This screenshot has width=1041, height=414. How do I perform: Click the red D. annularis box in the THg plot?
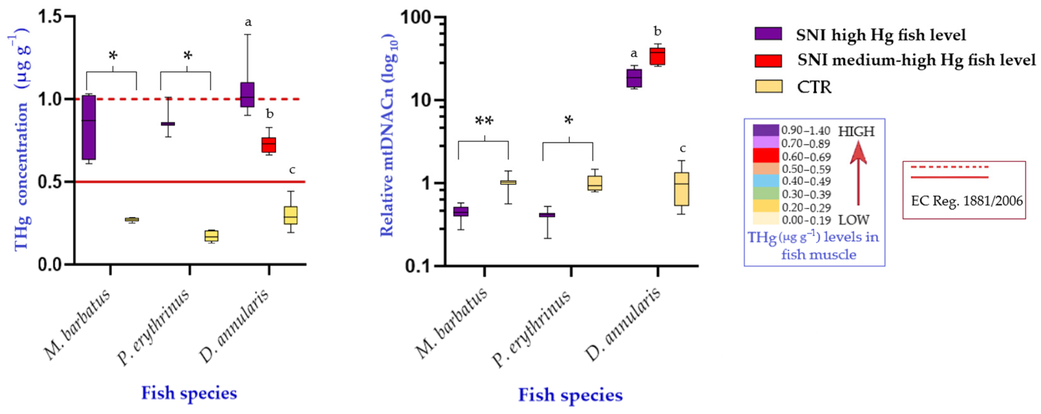tap(269, 145)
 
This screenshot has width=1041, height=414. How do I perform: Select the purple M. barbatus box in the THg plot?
tap(89, 128)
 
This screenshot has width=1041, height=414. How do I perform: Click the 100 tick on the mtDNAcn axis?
tap(421, 18)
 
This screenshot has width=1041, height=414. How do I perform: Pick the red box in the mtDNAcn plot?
tap(657, 56)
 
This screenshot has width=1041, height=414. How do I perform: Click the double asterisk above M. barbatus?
tap(484, 121)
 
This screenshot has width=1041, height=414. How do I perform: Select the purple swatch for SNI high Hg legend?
tap(768, 33)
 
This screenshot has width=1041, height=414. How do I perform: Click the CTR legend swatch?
tap(768, 86)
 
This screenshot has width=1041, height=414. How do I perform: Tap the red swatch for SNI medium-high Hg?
tap(768, 61)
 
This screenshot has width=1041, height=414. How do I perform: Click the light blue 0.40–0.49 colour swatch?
tap(765, 181)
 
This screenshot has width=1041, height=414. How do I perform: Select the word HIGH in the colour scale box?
tap(856, 132)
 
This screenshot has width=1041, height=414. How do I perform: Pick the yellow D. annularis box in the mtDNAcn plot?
tap(681, 189)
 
